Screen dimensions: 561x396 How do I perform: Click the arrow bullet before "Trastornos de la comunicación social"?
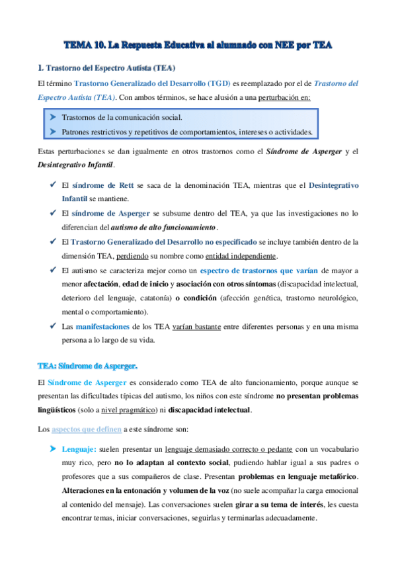pos(52,117)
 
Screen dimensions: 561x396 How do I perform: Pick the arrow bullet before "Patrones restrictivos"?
pos(52,132)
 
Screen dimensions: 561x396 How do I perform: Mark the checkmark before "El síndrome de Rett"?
pos(52,186)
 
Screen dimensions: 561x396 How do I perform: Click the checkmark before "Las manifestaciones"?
pos(52,327)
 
